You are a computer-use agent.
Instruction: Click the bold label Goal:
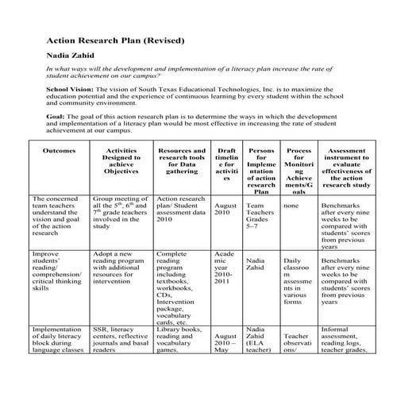[57, 117]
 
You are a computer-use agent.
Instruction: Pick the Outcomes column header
[60, 149]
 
